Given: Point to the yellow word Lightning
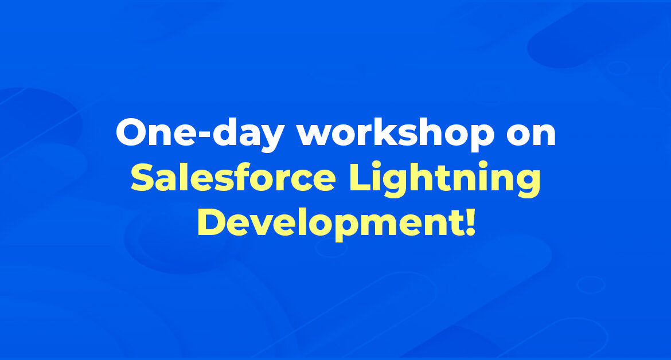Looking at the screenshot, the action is [x=444, y=179].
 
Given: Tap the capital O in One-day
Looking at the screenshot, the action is [x=132, y=132].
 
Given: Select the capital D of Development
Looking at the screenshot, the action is [x=212, y=221].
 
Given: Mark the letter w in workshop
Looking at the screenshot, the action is [x=316, y=136].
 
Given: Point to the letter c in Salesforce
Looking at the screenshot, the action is [x=297, y=180].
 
